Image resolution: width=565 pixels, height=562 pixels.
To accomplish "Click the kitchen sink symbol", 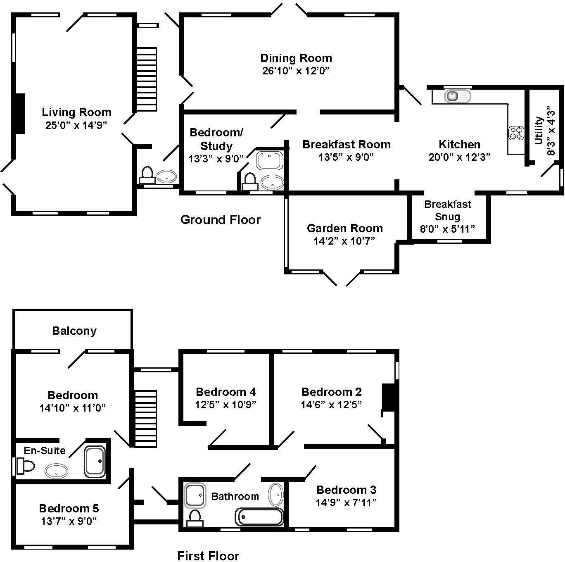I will [457, 96].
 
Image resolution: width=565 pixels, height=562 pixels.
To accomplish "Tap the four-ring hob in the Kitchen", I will [516, 133].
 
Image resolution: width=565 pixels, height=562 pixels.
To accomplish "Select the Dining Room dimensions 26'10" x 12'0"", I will [296, 71].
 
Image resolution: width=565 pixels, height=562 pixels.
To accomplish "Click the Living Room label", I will [76, 112].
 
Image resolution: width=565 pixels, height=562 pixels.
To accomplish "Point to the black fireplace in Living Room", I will [20, 114].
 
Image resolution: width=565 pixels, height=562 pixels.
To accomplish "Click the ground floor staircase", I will [147, 79].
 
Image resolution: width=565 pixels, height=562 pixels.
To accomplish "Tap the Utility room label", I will [539, 131].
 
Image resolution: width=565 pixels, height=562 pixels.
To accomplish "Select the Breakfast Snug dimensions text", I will [447, 229].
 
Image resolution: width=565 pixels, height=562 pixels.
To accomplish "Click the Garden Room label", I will [344, 228].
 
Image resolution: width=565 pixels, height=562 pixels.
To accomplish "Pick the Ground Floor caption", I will [221, 219].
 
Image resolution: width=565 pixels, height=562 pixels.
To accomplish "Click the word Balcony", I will [74, 331].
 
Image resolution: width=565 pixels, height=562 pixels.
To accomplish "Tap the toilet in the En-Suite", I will [25, 466].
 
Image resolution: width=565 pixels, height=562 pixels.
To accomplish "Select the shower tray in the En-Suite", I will [95, 462].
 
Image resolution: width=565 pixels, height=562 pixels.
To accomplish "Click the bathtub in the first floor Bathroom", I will [259, 517].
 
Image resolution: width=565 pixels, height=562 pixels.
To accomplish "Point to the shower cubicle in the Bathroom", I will [195, 495].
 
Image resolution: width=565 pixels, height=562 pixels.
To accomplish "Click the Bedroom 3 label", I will [346, 490].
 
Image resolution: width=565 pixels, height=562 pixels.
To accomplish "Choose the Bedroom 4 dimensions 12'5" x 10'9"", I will [226, 405].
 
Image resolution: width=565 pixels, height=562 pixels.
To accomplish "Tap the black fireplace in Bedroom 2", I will [389, 398].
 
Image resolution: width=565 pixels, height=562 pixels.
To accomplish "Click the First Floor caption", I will [208, 556].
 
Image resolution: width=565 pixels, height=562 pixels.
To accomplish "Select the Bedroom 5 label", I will [69, 508].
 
